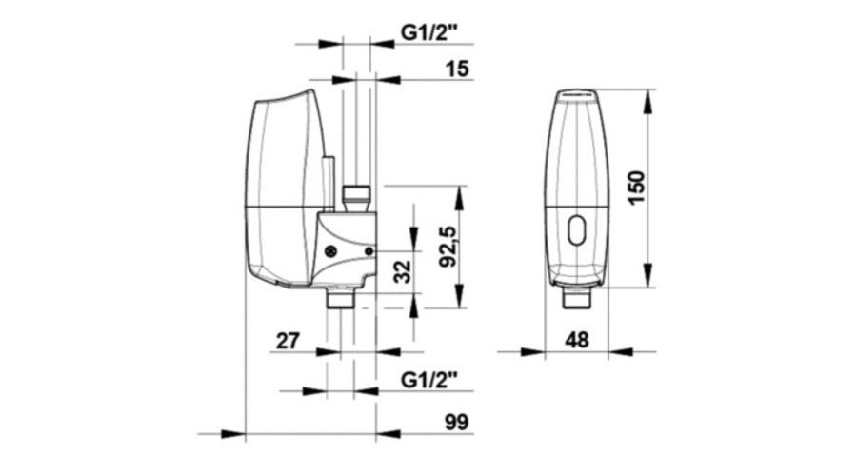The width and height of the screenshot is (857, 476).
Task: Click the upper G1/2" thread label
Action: (428, 32)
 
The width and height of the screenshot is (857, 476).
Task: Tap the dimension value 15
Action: (457, 69)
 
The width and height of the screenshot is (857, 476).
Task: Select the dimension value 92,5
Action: (448, 247)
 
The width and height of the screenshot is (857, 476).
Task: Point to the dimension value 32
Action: (403, 271)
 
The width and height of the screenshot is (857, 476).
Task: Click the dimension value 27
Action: (288, 341)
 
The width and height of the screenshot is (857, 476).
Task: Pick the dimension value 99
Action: (457, 422)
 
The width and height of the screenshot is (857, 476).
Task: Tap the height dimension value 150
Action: (636, 188)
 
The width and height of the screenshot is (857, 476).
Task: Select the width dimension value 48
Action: (577, 340)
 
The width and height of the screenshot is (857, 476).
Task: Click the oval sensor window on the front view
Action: (577, 230)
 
